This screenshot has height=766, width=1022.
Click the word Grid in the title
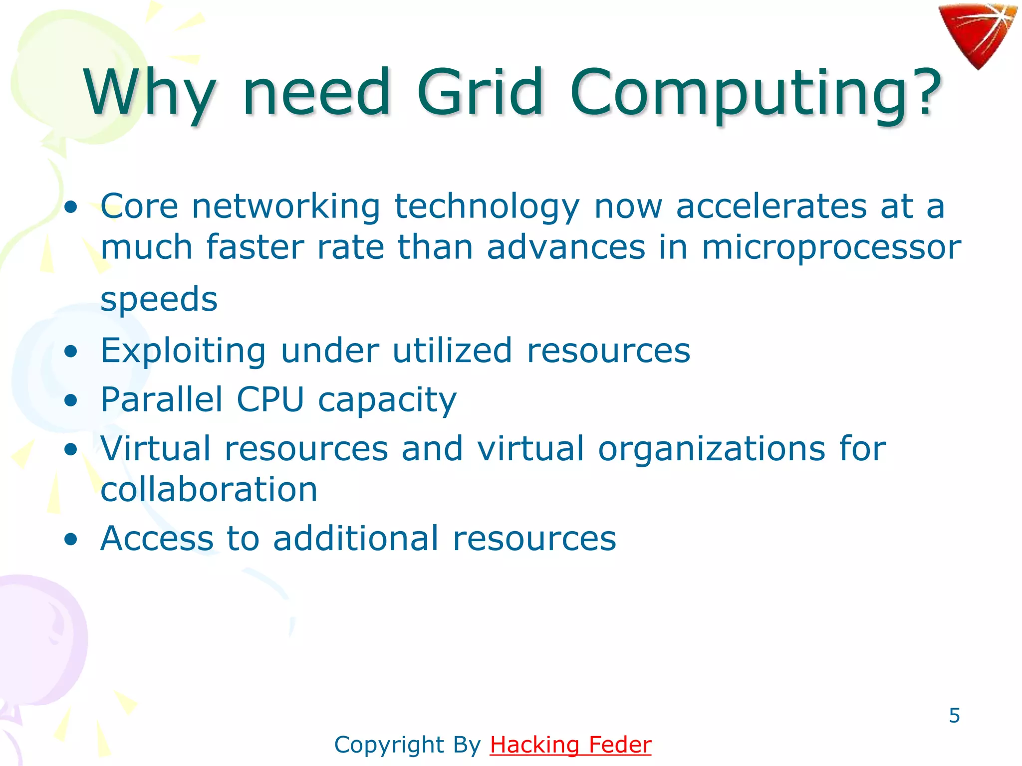pyautogui.click(x=480, y=93)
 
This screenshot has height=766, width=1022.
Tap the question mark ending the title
pyautogui.click(x=925, y=93)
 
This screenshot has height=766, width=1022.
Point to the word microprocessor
pyautogui.click(x=831, y=247)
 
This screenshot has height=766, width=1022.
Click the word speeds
pyautogui.click(x=159, y=299)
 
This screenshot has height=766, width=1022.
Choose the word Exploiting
pyautogui.click(x=183, y=351)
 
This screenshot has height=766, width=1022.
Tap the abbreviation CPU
pyautogui.click(x=270, y=399)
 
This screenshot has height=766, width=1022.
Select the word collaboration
pyautogui.click(x=209, y=489)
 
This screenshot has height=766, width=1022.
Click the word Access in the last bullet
pyautogui.click(x=157, y=539)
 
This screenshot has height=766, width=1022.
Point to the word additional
pyautogui.click(x=356, y=539)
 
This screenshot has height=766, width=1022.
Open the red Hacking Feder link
pyautogui.click(x=570, y=745)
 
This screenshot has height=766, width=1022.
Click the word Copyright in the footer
pyautogui.click(x=389, y=745)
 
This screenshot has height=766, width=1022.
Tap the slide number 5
pyautogui.click(x=954, y=716)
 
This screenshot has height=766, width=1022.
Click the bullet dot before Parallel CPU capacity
pyautogui.click(x=71, y=400)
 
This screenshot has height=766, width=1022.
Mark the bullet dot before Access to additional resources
pyautogui.click(x=71, y=539)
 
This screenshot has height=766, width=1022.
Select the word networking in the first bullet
pyautogui.click(x=286, y=206)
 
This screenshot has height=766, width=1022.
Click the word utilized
pyautogui.click(x=452, y=351)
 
